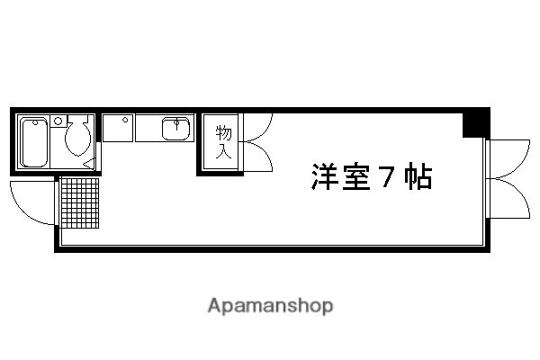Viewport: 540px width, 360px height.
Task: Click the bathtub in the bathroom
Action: point(34,142)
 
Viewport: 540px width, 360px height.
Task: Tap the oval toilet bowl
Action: point(78,138)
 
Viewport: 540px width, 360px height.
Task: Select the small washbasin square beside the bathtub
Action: point(58,121)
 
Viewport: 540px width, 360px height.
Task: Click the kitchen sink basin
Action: point(176,129)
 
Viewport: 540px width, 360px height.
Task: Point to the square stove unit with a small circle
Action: point(118,128)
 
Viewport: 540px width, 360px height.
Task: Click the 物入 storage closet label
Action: point(223,142)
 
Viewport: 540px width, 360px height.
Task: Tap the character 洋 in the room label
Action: point(324,176)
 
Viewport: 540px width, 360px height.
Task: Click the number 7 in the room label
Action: point(386,176)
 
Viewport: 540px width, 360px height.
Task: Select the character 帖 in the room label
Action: point(418,176)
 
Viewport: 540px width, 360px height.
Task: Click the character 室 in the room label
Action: point(356,176)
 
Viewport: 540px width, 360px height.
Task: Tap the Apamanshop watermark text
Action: point(270,306)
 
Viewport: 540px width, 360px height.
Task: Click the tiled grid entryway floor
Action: point(79,202)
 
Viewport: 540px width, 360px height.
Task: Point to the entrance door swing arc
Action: point(32,203)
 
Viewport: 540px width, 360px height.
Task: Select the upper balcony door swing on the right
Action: point(508,159)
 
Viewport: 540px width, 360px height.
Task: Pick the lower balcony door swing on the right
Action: point(508,198)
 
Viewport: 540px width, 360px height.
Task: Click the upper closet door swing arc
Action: point(258,127)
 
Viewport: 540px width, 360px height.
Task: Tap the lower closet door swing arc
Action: point(258,157)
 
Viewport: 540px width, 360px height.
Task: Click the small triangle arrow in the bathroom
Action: point(89,163)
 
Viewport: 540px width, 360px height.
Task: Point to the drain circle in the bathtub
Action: point(35,122)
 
